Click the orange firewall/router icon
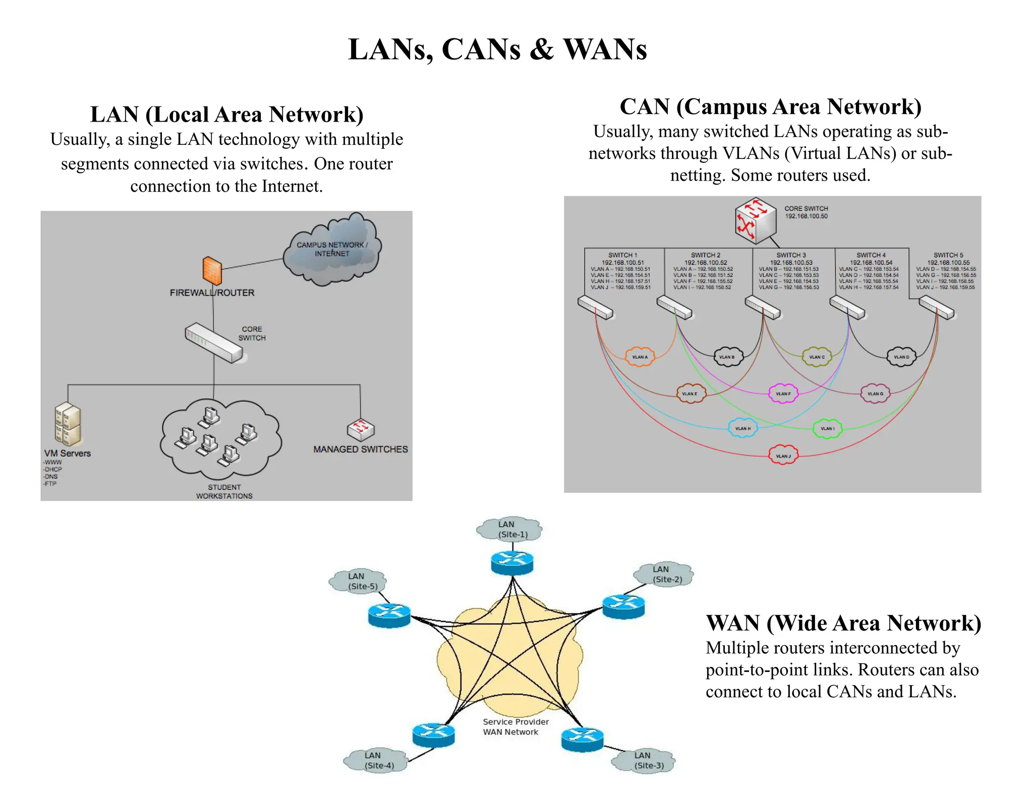tap(212, 270)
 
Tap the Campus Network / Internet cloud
tap(332, 249)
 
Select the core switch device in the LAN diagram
tap(214, 343)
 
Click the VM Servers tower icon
tap(68, 425)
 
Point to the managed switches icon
tap(361, 429)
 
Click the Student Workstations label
tap(224, 492)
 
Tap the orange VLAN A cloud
tap(640, 357)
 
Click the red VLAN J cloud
tap(783, 455)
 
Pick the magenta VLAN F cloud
tap(783, 393)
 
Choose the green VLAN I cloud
tap(827, 428)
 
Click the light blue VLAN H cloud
tap(742, 428)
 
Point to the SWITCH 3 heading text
tap(791, 255)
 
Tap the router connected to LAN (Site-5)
tap(389, 615)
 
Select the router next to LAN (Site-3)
tap(583, 739)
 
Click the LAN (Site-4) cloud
tap(376, 760)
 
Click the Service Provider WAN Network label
tap(514, 727)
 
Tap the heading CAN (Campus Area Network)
tap(770, 107)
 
